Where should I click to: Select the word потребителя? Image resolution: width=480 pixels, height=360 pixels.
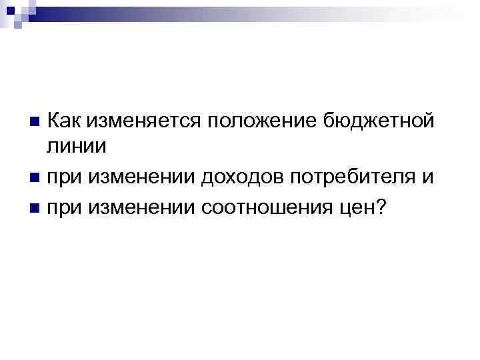point(355,178)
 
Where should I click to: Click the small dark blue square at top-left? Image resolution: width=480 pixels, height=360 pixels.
point(11,10)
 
